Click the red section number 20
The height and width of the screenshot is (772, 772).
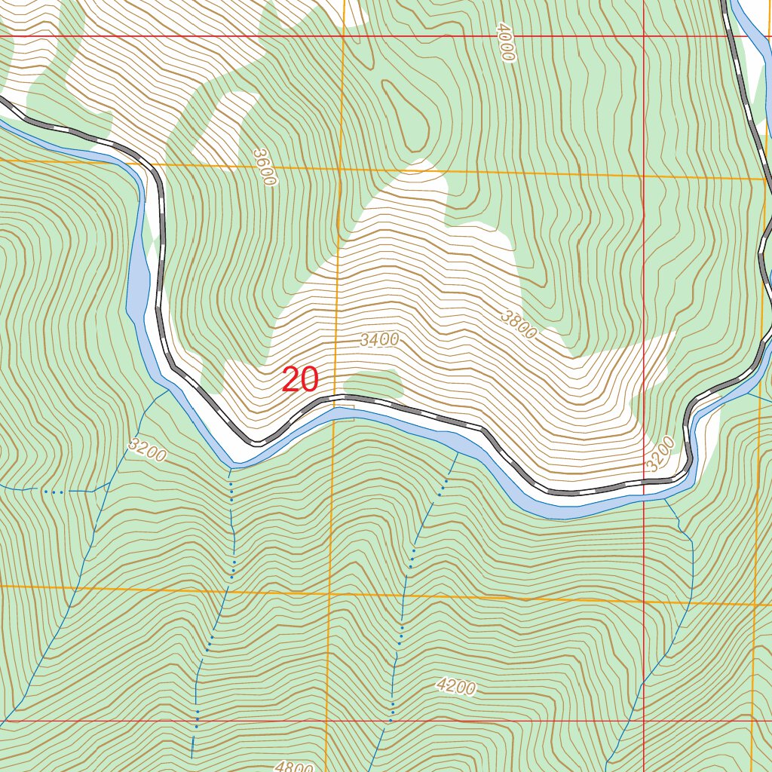click(300, 380)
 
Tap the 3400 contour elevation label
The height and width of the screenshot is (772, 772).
click(379, 340)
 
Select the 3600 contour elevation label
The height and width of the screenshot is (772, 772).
click(265, 167)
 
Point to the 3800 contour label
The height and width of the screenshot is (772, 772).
click(519, 323)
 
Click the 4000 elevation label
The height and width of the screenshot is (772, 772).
click(505, 42)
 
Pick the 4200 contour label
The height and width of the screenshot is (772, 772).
click(456, 686)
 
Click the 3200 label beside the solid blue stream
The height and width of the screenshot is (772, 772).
click(147, 450)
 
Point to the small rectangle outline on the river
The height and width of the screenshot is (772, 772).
click(345, 413)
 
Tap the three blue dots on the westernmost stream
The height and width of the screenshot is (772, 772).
click(53, 492)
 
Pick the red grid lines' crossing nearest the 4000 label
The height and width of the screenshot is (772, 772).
click(645, 36)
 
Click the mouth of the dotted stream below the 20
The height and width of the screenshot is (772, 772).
click(230, 469)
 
